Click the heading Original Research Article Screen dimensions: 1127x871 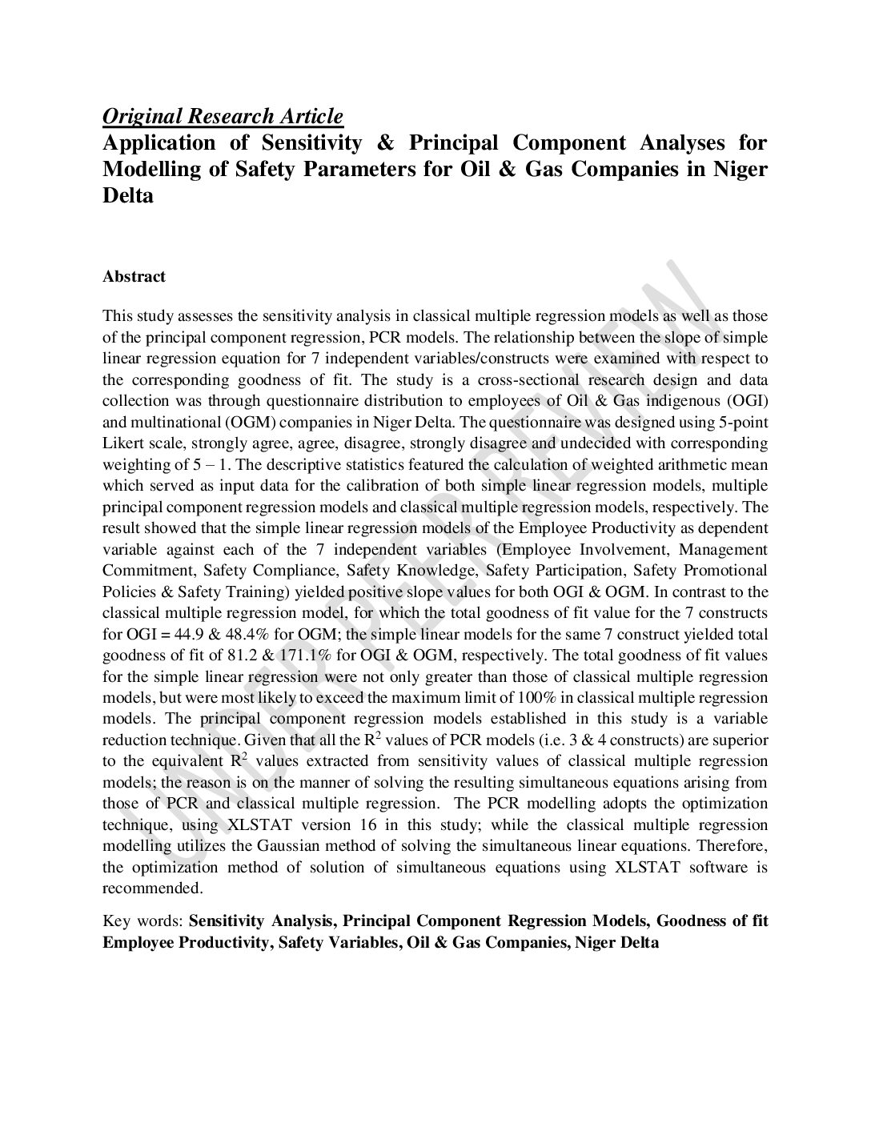tap(223, 116)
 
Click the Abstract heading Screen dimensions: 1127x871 tap(134, 277)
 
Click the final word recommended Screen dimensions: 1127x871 tap(153, 888)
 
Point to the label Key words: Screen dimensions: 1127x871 tap(143, 921)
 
